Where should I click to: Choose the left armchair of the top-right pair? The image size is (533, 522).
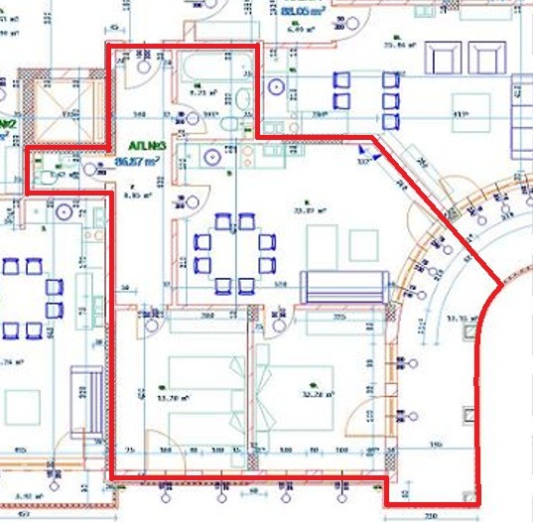pyautogui.click(x=440, y=59)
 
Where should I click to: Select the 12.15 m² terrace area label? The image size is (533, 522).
pyautogui.click(x=459, y=318)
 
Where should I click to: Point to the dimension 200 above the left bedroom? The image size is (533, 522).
pyautogui.click(x=207, y=317)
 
